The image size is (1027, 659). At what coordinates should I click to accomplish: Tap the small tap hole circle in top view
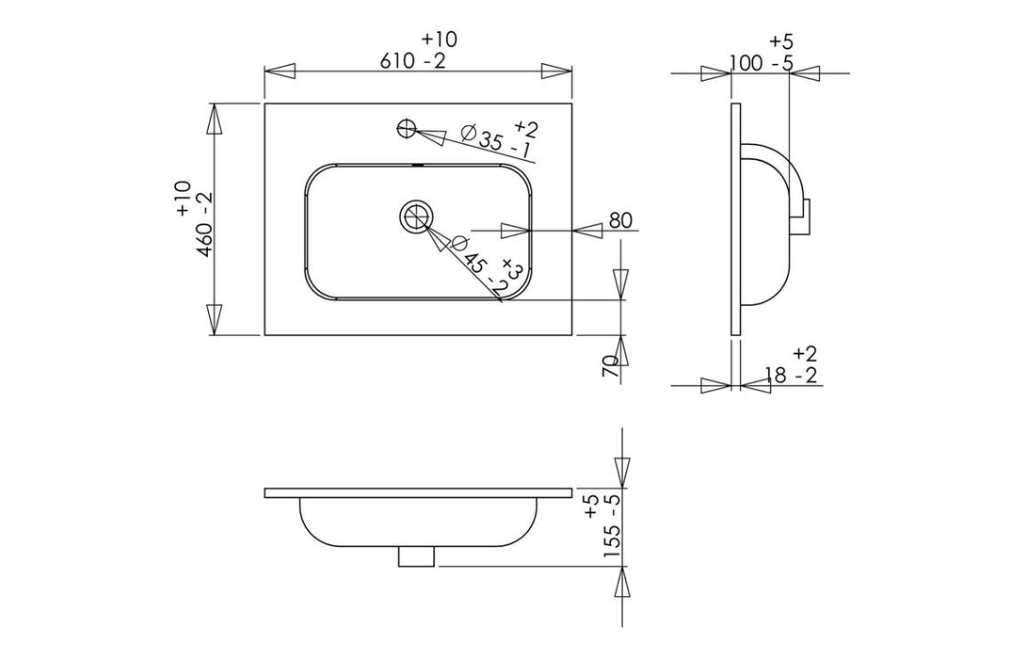click(x=406, y=127)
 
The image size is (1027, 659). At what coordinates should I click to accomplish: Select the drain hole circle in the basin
click(x=415, y=216)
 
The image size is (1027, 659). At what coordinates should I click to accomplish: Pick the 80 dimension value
click(x=619, y=221)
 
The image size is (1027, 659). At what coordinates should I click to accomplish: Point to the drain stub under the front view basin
click(x=417, y=557)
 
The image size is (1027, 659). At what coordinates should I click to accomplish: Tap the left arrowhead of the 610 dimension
click(x=281, y=71)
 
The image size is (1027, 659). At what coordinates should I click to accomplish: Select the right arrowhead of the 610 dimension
click(x=555, y=71)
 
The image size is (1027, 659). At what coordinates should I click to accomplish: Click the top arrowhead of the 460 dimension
click(x=216, y=121)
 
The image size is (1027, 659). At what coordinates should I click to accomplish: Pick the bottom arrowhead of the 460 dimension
click(x=216, y=318)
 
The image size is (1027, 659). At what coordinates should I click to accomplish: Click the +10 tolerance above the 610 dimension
click(x=440, y=40)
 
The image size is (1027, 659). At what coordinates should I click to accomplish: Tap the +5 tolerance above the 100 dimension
click(x=781, y=41)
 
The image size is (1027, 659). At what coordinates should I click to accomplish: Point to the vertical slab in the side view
click(x=736, y=217)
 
